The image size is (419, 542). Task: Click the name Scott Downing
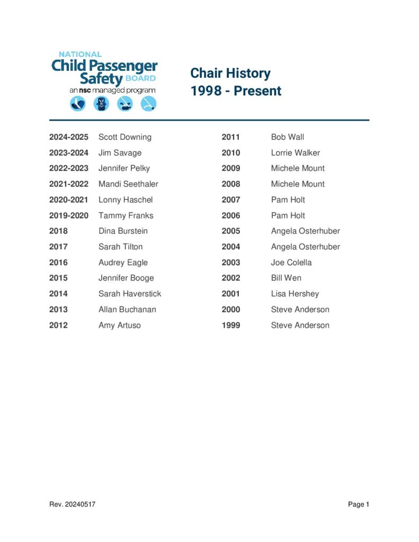tap(124, 137)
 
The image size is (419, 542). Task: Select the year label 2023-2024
tap(69, 153)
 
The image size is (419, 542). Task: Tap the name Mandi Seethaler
tap(128, 184)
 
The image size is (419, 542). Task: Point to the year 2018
tap(58, 231)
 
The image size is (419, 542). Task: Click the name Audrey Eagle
tap(123, 263)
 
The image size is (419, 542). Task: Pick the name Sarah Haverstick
tap(130, 294)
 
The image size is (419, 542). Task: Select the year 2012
tap(58, 326)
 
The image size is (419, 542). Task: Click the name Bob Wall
tap(287, 137)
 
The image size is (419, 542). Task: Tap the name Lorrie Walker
tap(295, 153)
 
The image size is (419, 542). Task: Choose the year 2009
tap(230, 168)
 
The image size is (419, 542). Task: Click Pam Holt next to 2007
tap(288, 200)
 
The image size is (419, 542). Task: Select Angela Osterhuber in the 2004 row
tap(305, 247)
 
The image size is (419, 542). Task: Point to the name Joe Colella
tap(291, 263)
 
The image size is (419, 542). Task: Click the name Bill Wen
tap(286, 278)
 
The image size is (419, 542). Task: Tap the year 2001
tap(230, 294)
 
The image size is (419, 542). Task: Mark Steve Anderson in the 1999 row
tap(300, 326)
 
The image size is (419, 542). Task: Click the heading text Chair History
tap(230, 73)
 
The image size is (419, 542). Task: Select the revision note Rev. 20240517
tap(72, 504)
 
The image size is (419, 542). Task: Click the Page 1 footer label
tap(358, 504)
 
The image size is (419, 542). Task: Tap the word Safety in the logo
tap(102, 79)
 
